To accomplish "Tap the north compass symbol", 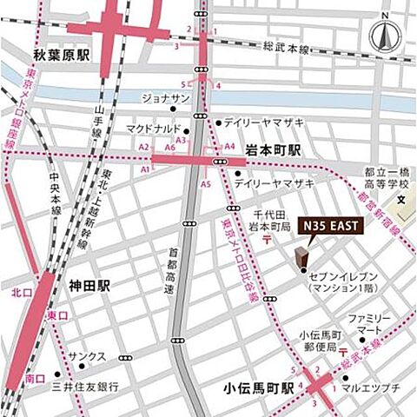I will (x=382, y=36).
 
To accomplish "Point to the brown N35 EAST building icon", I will (x=301, y=258).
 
